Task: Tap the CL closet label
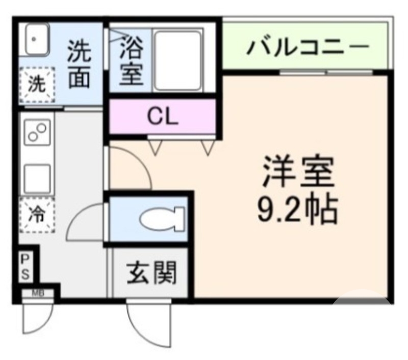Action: pos(163,117)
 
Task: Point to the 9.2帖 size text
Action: pos(297,209)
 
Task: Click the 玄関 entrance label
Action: pos(151,273)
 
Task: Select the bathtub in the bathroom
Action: pos(177,60)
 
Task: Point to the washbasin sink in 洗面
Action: pos(34,40)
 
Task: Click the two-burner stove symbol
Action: pos(37,133)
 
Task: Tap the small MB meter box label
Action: pos(38,293)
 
